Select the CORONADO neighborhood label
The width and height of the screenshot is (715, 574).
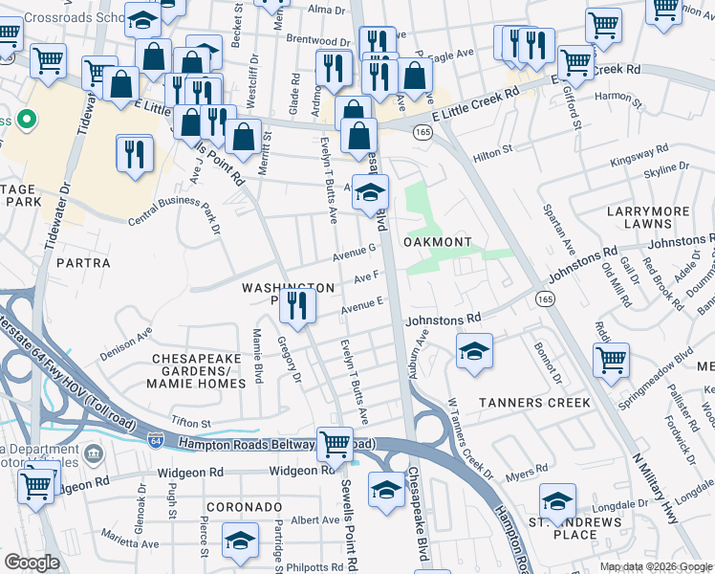pyautogui.click(x=243, y=506)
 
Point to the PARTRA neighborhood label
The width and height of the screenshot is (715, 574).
pyautogui.click(x=83, y=262)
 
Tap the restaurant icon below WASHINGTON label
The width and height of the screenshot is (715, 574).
pyautogui.click(x=300, y=308)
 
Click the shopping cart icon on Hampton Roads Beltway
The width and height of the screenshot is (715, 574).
pyautogui.click(x=334, y=444)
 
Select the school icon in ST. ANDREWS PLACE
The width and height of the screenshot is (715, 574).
pyautogui.click(x=557, y=501)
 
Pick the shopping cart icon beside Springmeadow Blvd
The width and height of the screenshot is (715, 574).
pyautogui.click(x=611, y=362)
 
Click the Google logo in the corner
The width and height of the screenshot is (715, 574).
pyautogui.click(x=32, y=563)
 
